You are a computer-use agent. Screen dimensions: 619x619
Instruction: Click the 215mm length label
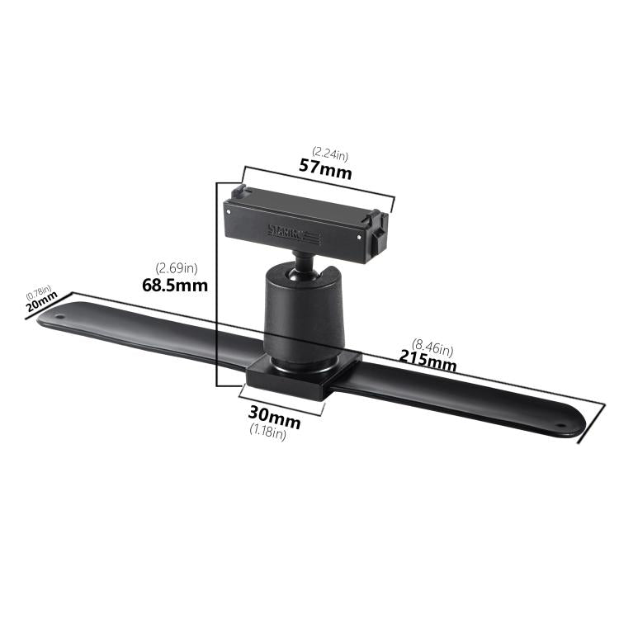click(428, 359)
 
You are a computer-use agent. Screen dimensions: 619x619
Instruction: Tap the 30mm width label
click(275, 418)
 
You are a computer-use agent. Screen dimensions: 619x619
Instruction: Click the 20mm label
click(41, 305)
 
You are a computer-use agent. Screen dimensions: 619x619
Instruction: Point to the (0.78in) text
click(38, 292)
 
